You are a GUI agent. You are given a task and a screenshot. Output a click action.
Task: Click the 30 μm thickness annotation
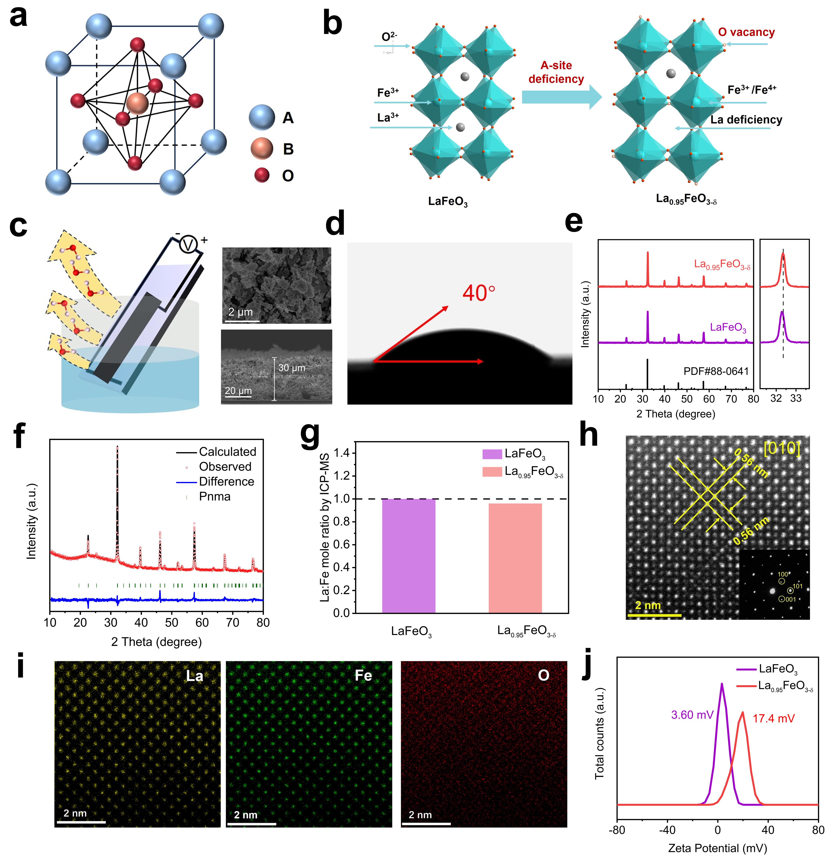pyautogui.click(x=291, y=368)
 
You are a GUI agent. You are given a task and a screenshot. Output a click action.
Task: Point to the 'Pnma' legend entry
pyautogui.click(x=215, y=496)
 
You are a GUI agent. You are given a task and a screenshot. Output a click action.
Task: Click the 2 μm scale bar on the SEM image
pyautogui.click(x=240, y=312)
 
